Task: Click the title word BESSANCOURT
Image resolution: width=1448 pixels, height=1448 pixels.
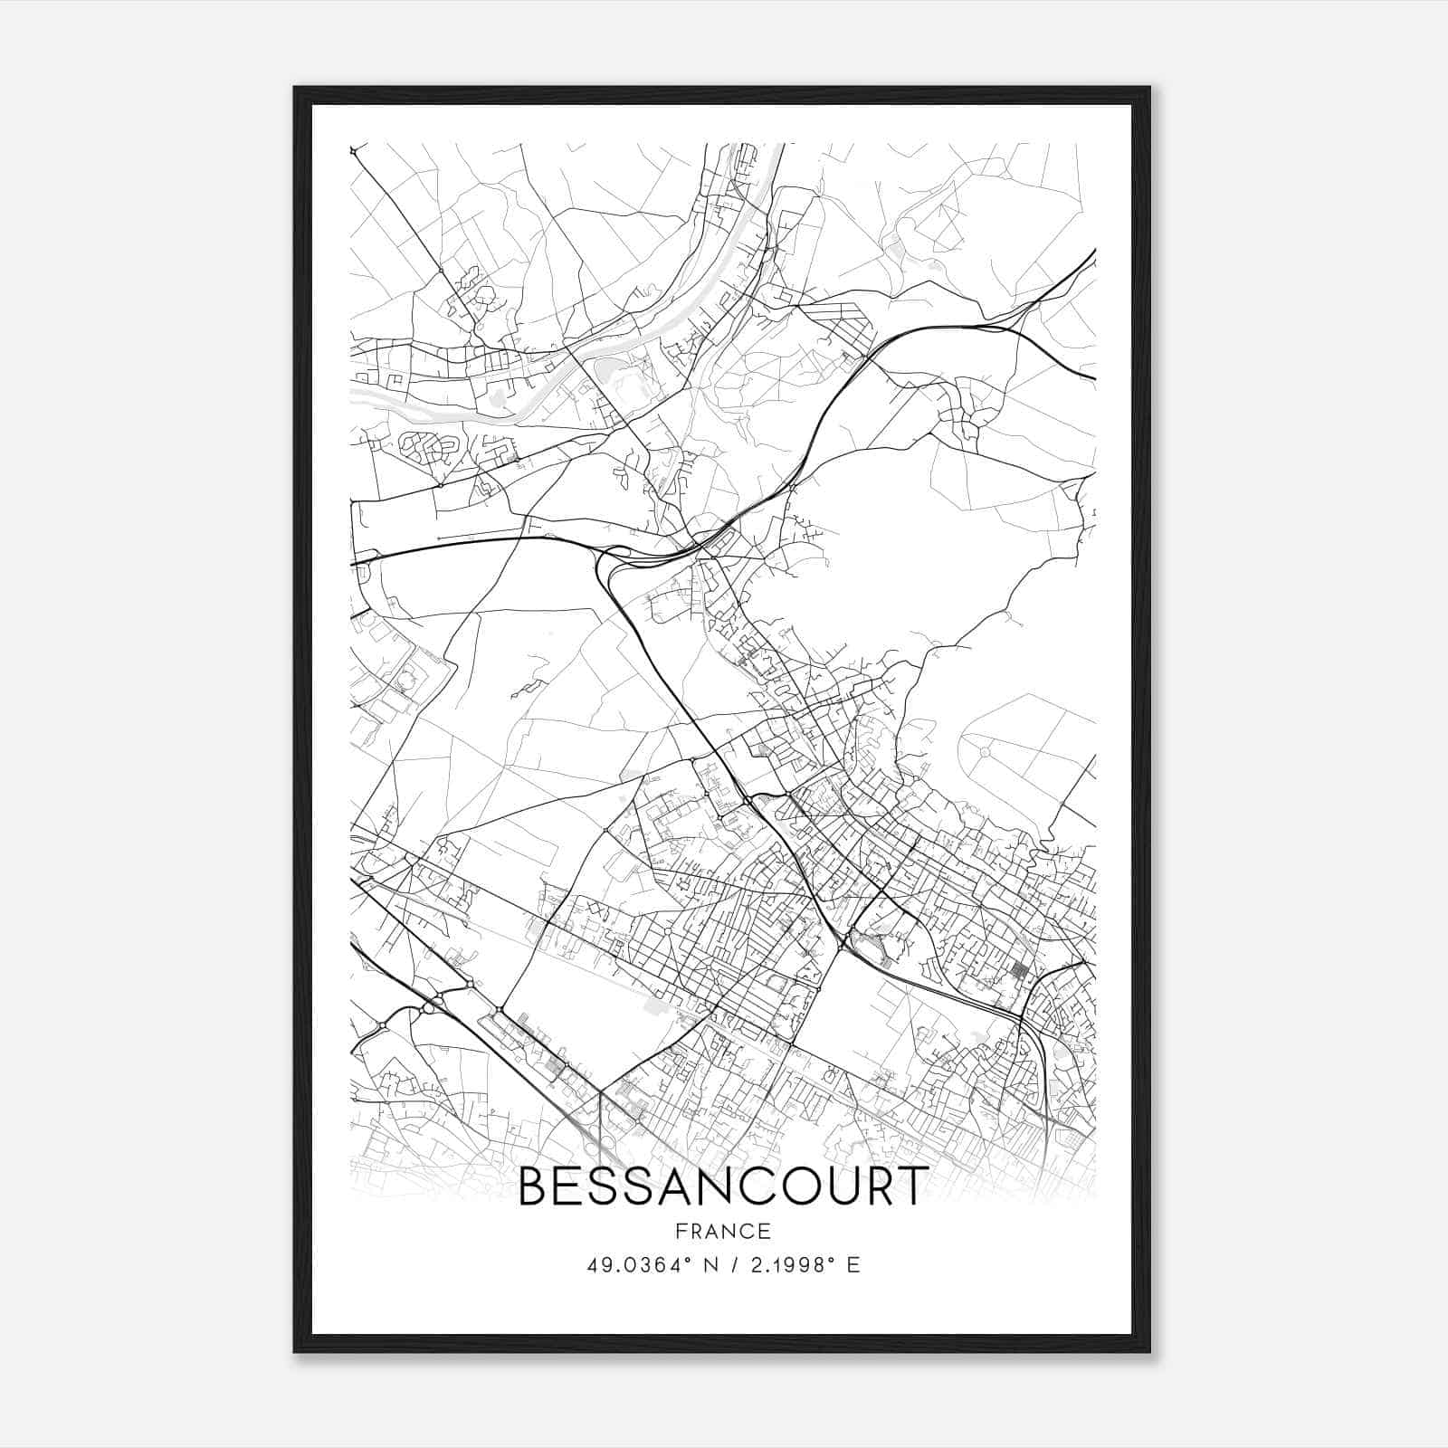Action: [x=723, y=1186]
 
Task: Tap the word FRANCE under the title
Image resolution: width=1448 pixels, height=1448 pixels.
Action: [x=723, y=1231]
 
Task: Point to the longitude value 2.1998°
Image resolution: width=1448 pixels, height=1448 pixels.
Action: [x=786, y=1265]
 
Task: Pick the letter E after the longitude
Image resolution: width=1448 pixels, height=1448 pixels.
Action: [x=853, y=1265]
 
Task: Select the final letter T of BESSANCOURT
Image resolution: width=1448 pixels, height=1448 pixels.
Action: [x=913, y=1186]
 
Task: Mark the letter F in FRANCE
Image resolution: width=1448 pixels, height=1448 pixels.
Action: [x=680, y=1231]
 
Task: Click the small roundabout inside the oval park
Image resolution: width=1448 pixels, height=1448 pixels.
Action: [x=986, y=750]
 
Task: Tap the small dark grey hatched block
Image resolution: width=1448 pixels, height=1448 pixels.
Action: [x=1019, y=974]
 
